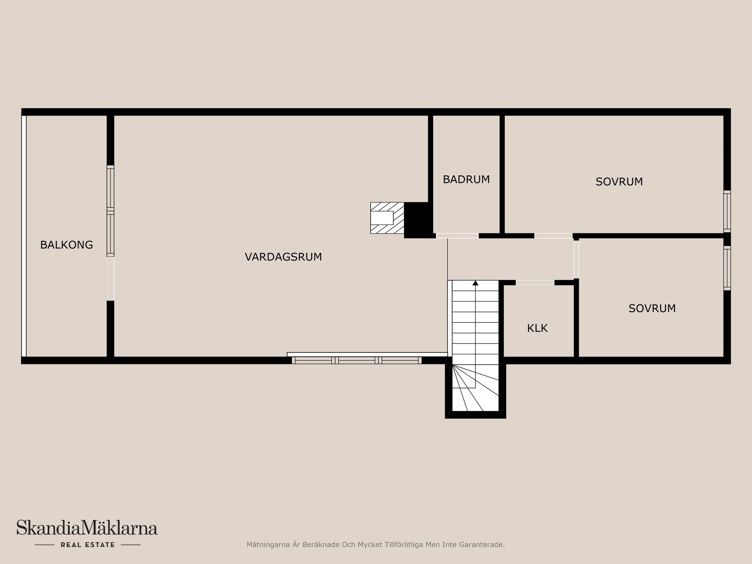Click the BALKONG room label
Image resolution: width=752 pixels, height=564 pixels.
click(x=67, y=245)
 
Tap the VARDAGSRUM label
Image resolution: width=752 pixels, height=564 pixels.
click(x=283, y=257)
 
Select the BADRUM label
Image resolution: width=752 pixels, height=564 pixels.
click(x=466, y=179)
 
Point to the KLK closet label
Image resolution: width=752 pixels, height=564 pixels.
click(x=537, y=328)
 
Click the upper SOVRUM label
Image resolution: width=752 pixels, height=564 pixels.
click(x=619, y=182)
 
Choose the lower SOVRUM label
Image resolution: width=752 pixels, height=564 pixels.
click(x=652, y=309)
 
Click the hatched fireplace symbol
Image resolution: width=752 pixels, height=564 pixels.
click(x=387, y=218)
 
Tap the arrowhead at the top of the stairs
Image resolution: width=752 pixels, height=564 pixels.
click(x=475, y=283)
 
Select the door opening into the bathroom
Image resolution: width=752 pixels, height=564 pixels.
click(x=457, y=236)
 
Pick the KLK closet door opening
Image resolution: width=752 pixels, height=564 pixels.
click(x=535, y=282)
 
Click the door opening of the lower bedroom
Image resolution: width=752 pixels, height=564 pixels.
click(x=576, y=259)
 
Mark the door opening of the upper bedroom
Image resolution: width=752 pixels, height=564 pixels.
click(x=553, y=236)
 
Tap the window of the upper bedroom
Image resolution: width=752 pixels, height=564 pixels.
click(x=727, y=211)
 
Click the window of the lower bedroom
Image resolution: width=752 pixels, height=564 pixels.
click(x=727, y=268)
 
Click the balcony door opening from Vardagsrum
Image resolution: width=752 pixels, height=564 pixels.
click(x=110, y=278)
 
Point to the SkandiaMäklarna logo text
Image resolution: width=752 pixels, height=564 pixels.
click(x=87, y=528)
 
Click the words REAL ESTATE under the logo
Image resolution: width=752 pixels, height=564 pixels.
click(x=88, y=545)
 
